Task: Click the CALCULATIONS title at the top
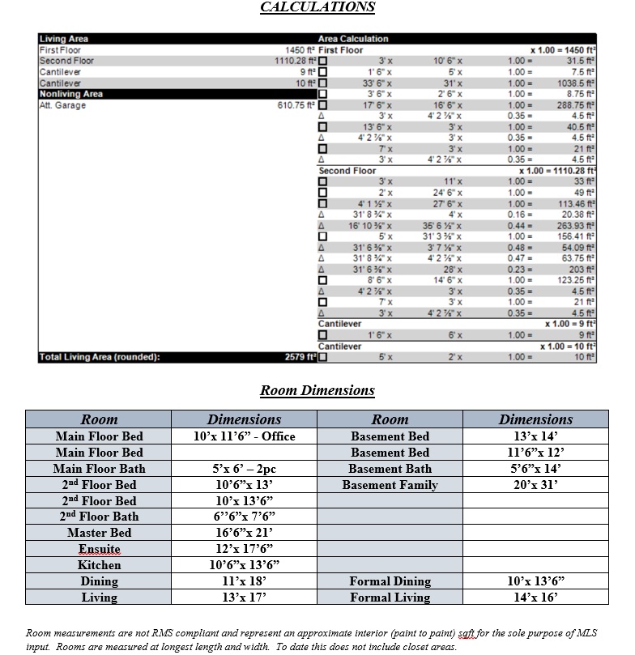point(317,7)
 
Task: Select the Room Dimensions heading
point(317,391)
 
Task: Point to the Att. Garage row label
point(62,105)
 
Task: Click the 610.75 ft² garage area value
point(296,105)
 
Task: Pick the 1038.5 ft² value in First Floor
point(577,83)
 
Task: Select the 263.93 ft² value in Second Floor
point(576,225)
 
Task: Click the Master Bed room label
point(99,533)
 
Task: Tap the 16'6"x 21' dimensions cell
point(244,533)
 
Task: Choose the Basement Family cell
point(390,485)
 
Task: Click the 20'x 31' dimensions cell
point(535,485)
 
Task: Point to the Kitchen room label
point(99,565)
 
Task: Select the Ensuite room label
point(99,549)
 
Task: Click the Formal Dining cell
point(390,581)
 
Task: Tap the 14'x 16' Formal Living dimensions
point(535,598)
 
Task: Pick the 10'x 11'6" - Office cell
point(244,436)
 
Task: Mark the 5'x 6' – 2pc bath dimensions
point(244,469)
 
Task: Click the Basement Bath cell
point(390,469)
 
